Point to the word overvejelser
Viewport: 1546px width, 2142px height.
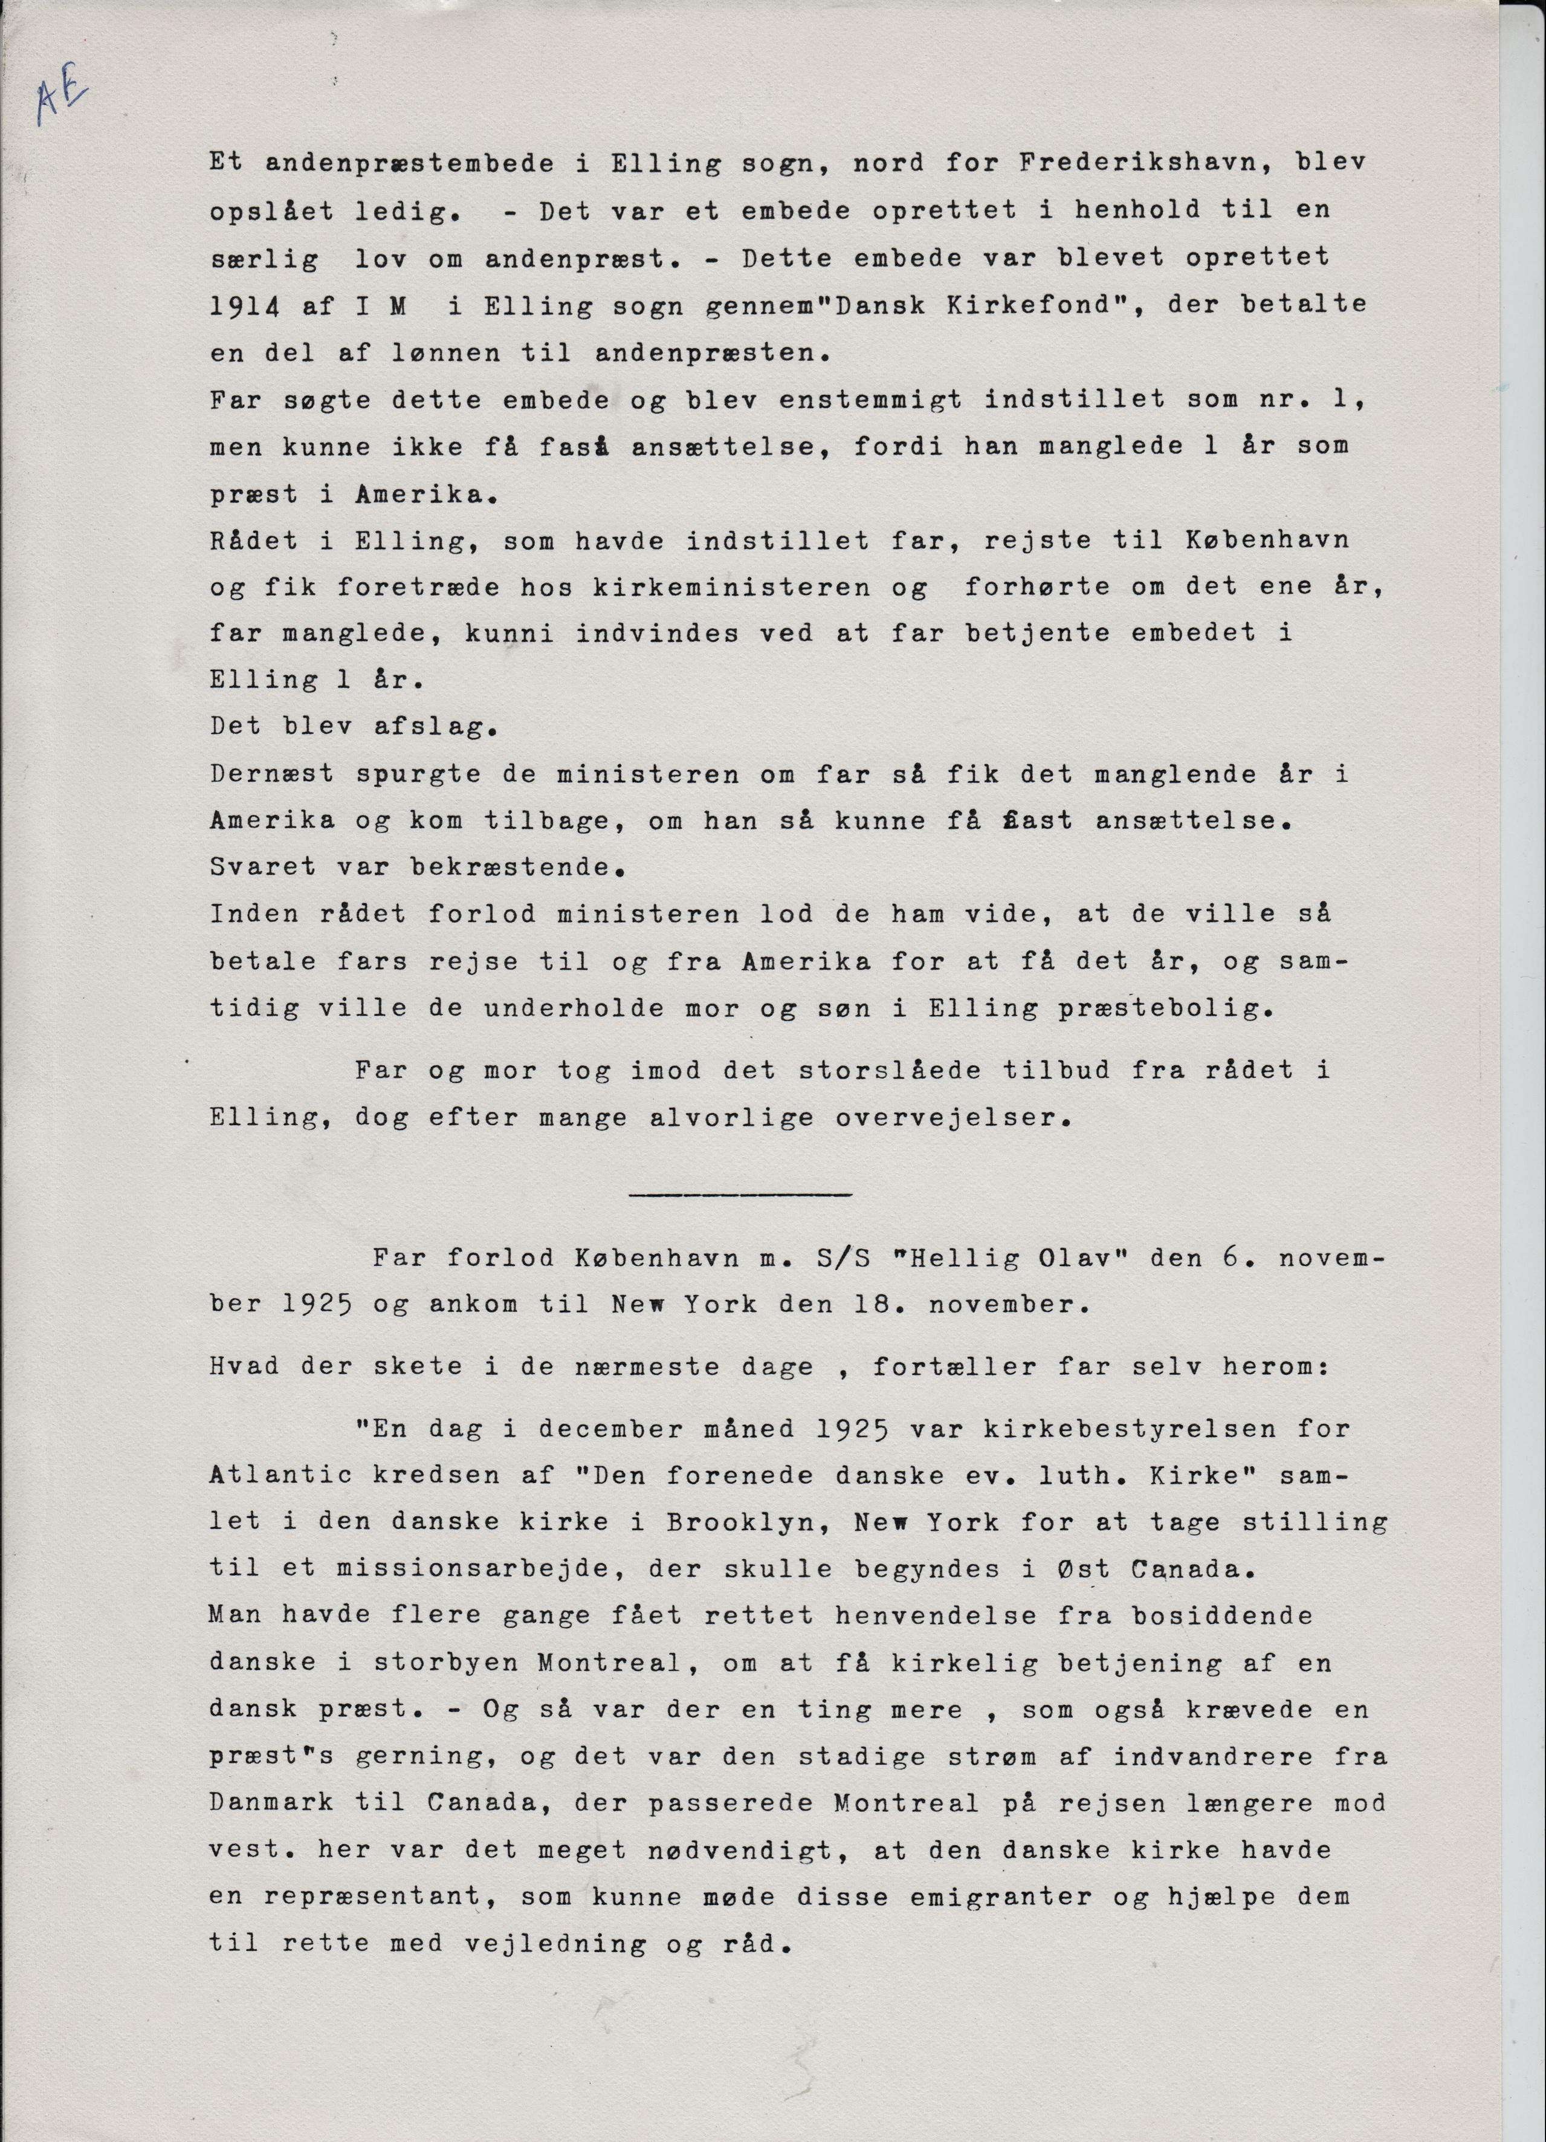(955, 1118)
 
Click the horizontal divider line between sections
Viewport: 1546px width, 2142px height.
(740, 1196)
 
